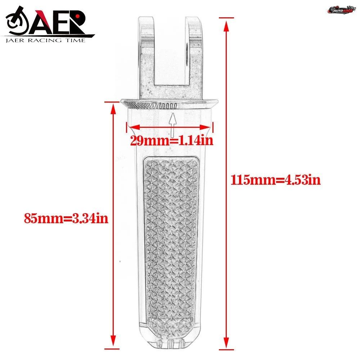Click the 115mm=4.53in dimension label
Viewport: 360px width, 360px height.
275,180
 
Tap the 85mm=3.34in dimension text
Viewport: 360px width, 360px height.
66,218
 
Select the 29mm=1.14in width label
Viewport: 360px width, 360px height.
172,140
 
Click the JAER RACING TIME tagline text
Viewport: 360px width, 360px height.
45,40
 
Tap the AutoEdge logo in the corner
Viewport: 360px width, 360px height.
342,10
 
